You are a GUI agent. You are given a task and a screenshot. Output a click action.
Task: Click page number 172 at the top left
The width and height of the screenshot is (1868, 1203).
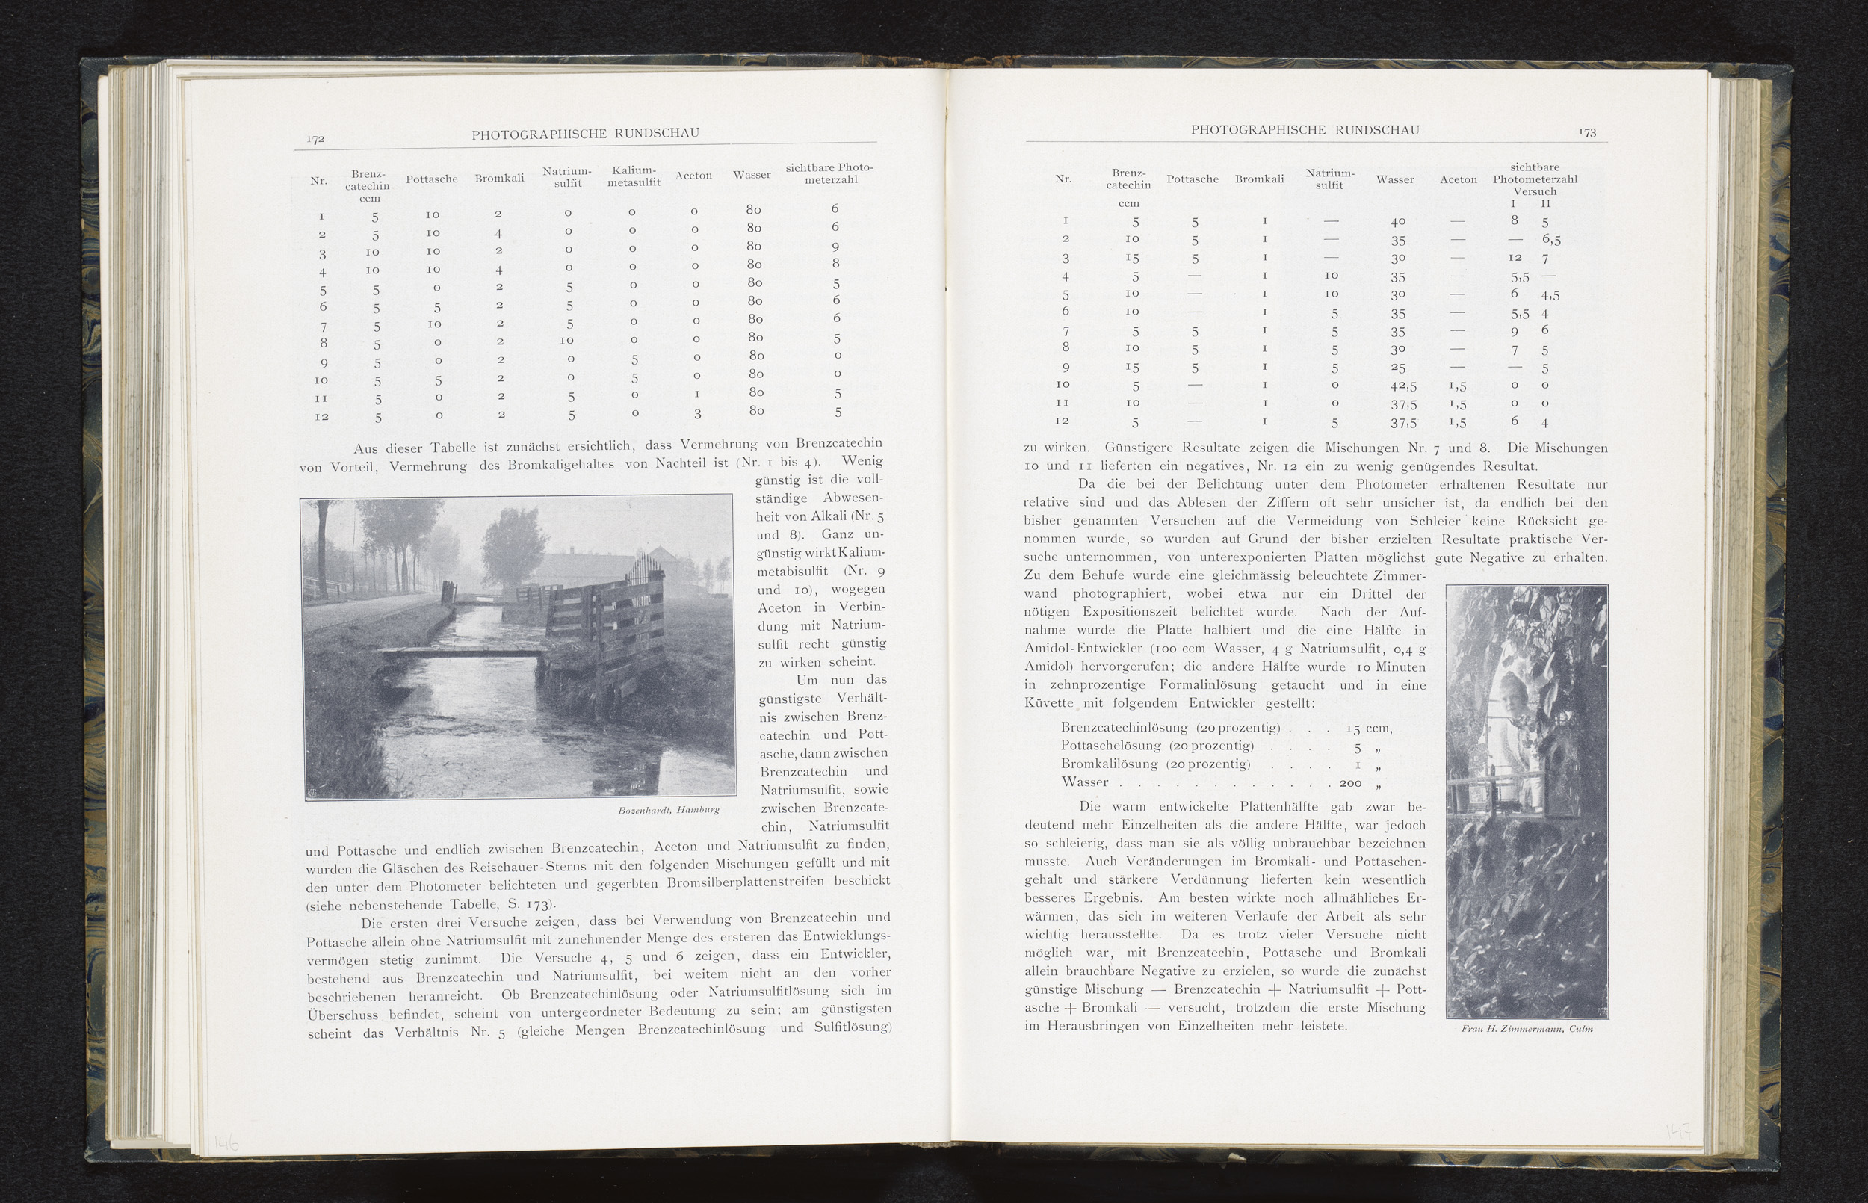tap(315, 138)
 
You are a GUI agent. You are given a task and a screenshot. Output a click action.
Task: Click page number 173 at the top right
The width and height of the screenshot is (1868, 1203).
tap(1587, 132)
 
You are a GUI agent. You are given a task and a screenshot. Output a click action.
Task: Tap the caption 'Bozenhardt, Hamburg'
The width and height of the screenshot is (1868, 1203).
tap(668, 810)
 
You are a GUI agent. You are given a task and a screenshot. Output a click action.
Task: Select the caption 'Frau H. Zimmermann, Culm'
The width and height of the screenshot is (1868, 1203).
tap(1527, 1029)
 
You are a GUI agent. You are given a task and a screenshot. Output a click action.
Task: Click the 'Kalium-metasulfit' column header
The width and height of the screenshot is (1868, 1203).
tap(634, 176)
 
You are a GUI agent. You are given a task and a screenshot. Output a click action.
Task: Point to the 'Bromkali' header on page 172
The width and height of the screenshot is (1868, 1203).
tap(499, 178)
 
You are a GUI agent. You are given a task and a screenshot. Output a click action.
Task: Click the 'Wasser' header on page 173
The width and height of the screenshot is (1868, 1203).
tap(1395, 179)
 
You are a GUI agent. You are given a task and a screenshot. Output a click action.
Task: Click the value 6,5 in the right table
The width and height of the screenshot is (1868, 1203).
tap(1551, 240)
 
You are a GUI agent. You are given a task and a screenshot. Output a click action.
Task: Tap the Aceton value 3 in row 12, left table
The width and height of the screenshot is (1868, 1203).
tap(697, 413)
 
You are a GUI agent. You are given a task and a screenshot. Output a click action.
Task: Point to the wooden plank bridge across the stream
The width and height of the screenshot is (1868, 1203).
tap(461, 652)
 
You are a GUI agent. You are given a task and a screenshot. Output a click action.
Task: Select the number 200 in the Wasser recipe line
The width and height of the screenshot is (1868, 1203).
tap(1350, 783)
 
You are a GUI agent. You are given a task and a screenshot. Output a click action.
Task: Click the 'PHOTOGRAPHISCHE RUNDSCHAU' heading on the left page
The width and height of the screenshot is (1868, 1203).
tap(585, 134)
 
